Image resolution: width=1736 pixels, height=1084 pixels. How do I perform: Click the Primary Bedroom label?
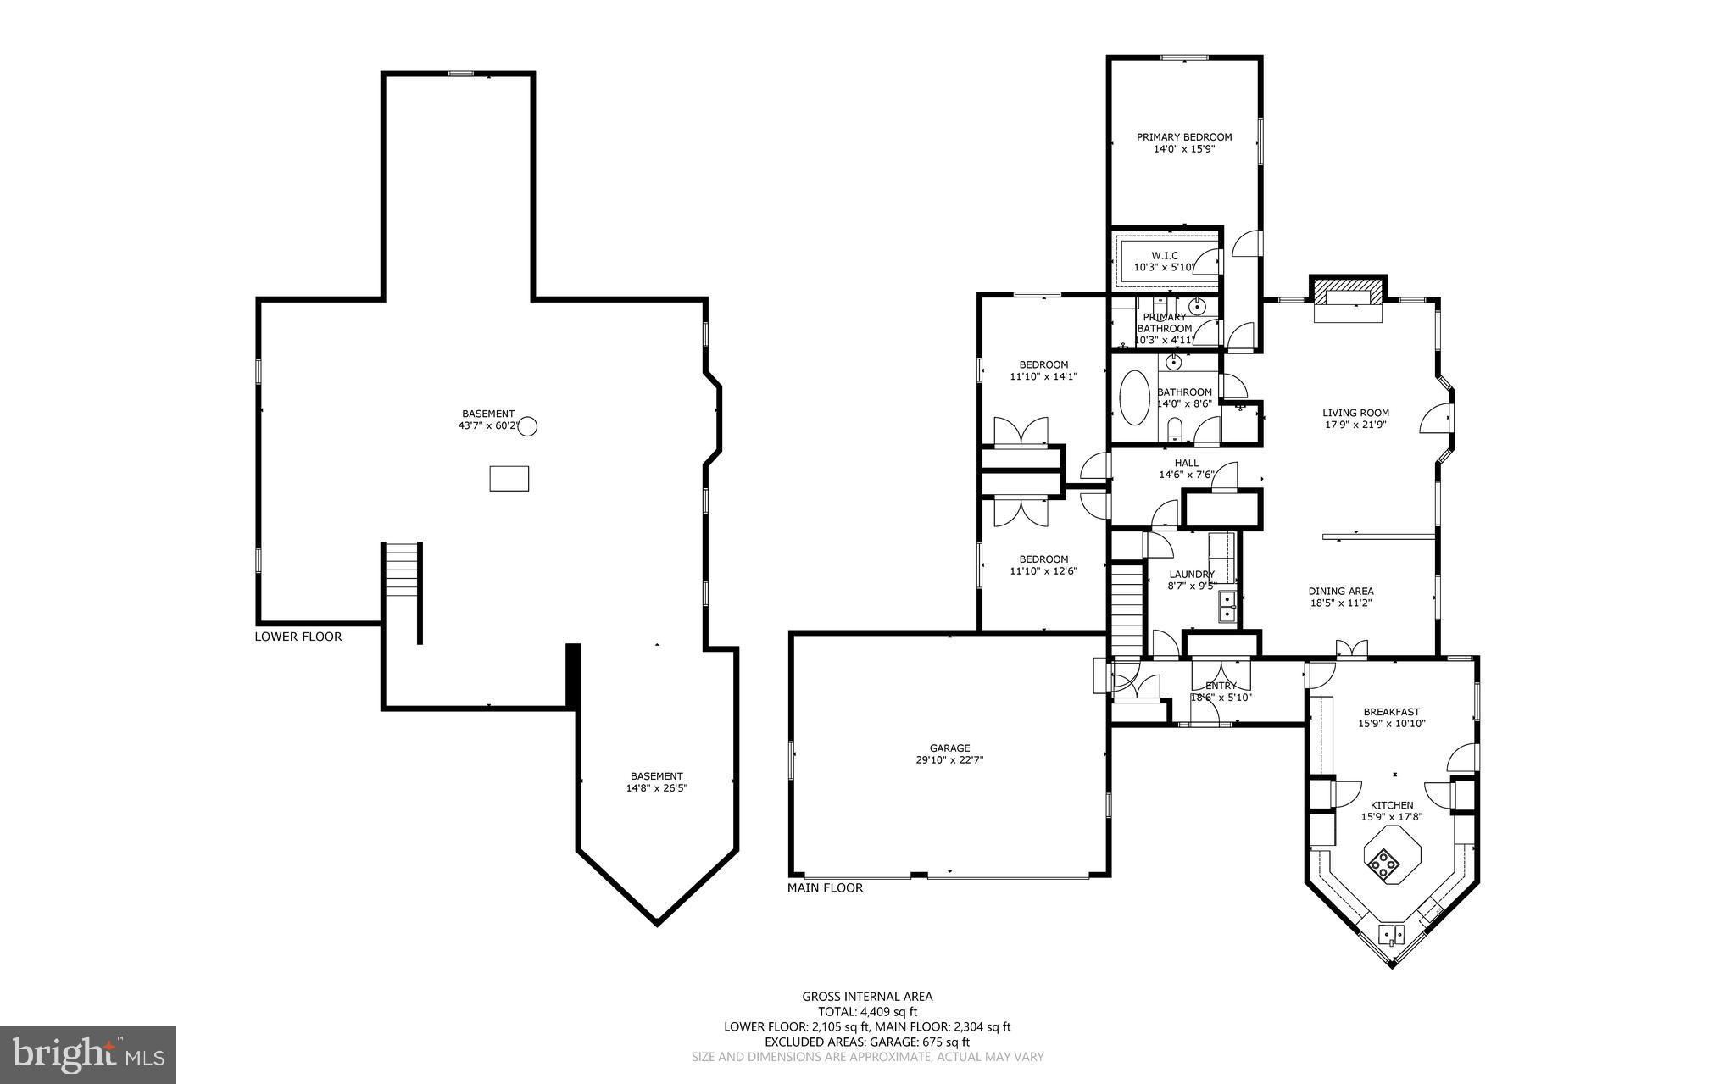tap(1183, 136)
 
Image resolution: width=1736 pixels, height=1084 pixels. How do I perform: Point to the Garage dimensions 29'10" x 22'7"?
tap(949, 760)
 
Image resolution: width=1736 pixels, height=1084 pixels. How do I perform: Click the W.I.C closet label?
tap(1165, 255)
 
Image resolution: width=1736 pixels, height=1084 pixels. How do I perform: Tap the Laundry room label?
tap(1191, 574)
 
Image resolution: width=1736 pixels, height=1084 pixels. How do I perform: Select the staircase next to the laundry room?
tap(1127, 609)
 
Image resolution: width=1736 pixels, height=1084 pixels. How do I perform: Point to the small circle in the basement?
tap(527, 426)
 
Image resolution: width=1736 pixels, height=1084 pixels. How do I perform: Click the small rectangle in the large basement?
tap(509, 478)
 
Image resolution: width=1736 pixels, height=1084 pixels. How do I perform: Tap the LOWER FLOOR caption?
tap(298, 637)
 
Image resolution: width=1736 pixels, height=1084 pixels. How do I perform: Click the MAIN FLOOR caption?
tap(825, 888)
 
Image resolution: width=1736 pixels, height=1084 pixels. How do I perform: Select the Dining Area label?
tap(1340, 592)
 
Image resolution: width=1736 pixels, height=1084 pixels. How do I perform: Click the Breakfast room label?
tap(1391, 712)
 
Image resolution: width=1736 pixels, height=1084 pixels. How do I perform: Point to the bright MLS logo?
tap(88, 1054)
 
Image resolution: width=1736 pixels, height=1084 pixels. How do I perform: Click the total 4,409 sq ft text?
tap(867, 1011)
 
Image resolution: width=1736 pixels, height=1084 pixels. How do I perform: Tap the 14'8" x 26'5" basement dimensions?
tap(656, 788)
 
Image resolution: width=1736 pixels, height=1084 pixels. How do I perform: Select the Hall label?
tap(1186, 463)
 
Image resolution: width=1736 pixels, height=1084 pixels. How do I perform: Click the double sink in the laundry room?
tap(1227, 607)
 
